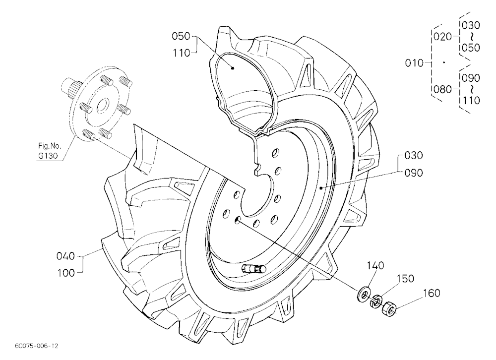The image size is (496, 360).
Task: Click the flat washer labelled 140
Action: pos(364,295)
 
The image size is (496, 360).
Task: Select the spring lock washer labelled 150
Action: pos(376,301)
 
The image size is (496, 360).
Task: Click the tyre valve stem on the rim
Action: pos(253,269)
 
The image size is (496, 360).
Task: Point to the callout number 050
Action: pos(181,36)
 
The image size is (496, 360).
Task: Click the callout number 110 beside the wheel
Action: pos(181,53)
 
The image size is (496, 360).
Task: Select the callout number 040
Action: pos(66,256)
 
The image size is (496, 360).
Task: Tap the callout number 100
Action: pos(66,273)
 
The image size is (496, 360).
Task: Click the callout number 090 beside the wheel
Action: pos(414,173)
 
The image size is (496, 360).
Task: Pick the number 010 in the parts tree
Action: pos(414,63)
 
